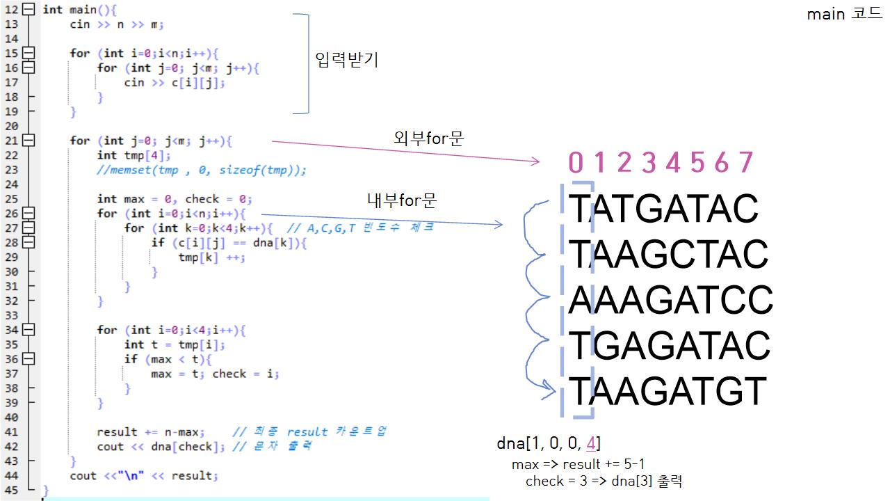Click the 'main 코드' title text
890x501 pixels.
pos(844,15)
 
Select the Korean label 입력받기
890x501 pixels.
pos(346,60)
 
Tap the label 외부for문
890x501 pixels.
pos(428,138)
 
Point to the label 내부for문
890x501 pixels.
pos(402,201)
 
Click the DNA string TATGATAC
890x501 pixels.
pos(663,208)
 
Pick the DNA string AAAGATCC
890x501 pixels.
pos(670,300)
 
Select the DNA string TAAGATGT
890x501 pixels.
pos(667,391)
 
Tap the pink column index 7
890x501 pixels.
pos(745,163)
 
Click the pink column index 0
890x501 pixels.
pos(576,163)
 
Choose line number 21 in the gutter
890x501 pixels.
pos(11,141)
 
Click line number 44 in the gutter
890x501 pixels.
pos(11,476)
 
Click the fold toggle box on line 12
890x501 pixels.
pos(28,10)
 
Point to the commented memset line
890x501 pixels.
pos(202,170)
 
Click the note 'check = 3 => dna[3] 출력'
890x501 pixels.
pos(605,482)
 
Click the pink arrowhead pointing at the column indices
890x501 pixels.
pos(535,161)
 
